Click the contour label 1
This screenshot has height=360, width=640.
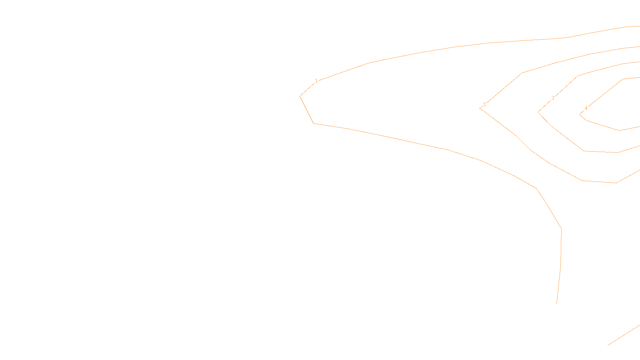[x=316, y=81]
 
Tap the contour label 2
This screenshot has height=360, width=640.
[x=484, y=104]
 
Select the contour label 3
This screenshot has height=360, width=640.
[x=553, y=98]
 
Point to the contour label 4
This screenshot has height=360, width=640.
[x=586, y=108]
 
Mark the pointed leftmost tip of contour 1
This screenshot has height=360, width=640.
[x=300, y=96]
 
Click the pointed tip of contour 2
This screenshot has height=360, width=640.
[x=480, y=108]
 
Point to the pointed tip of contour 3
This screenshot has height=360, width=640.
[x=538, y=112]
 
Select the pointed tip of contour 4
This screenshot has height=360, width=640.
[x=580, y=115]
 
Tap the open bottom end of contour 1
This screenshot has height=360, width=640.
[x=557, y=304]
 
